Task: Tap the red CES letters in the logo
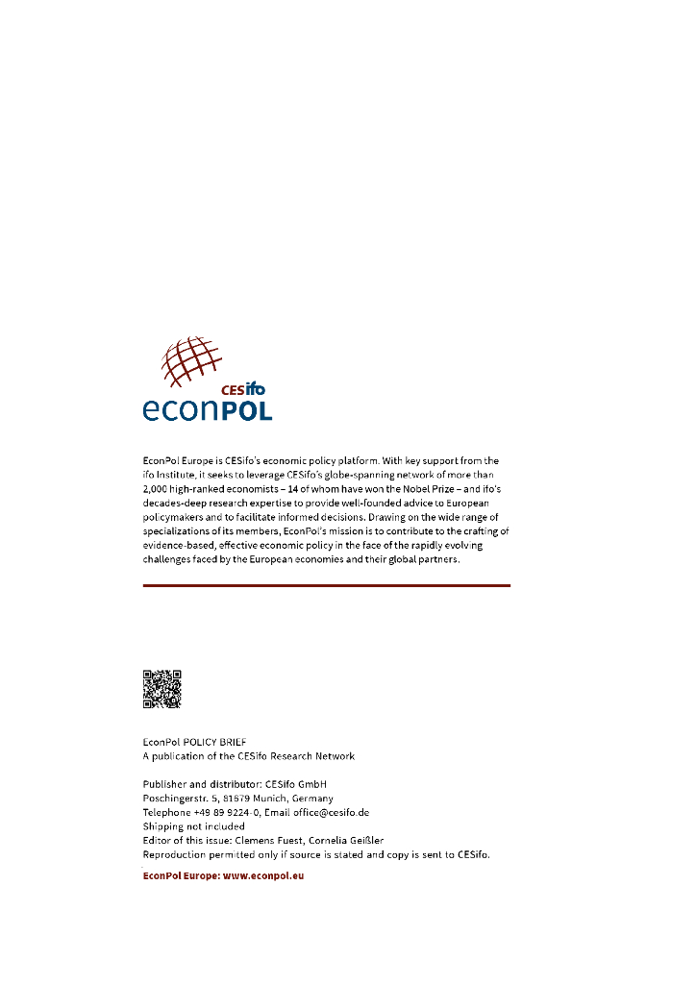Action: point(233,389)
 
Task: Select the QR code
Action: point(162,689)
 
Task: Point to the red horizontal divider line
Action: point(326,585)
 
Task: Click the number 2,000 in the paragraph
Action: point(157,489)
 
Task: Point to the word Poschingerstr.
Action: point(170,798)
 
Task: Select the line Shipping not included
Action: point(193,825)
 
